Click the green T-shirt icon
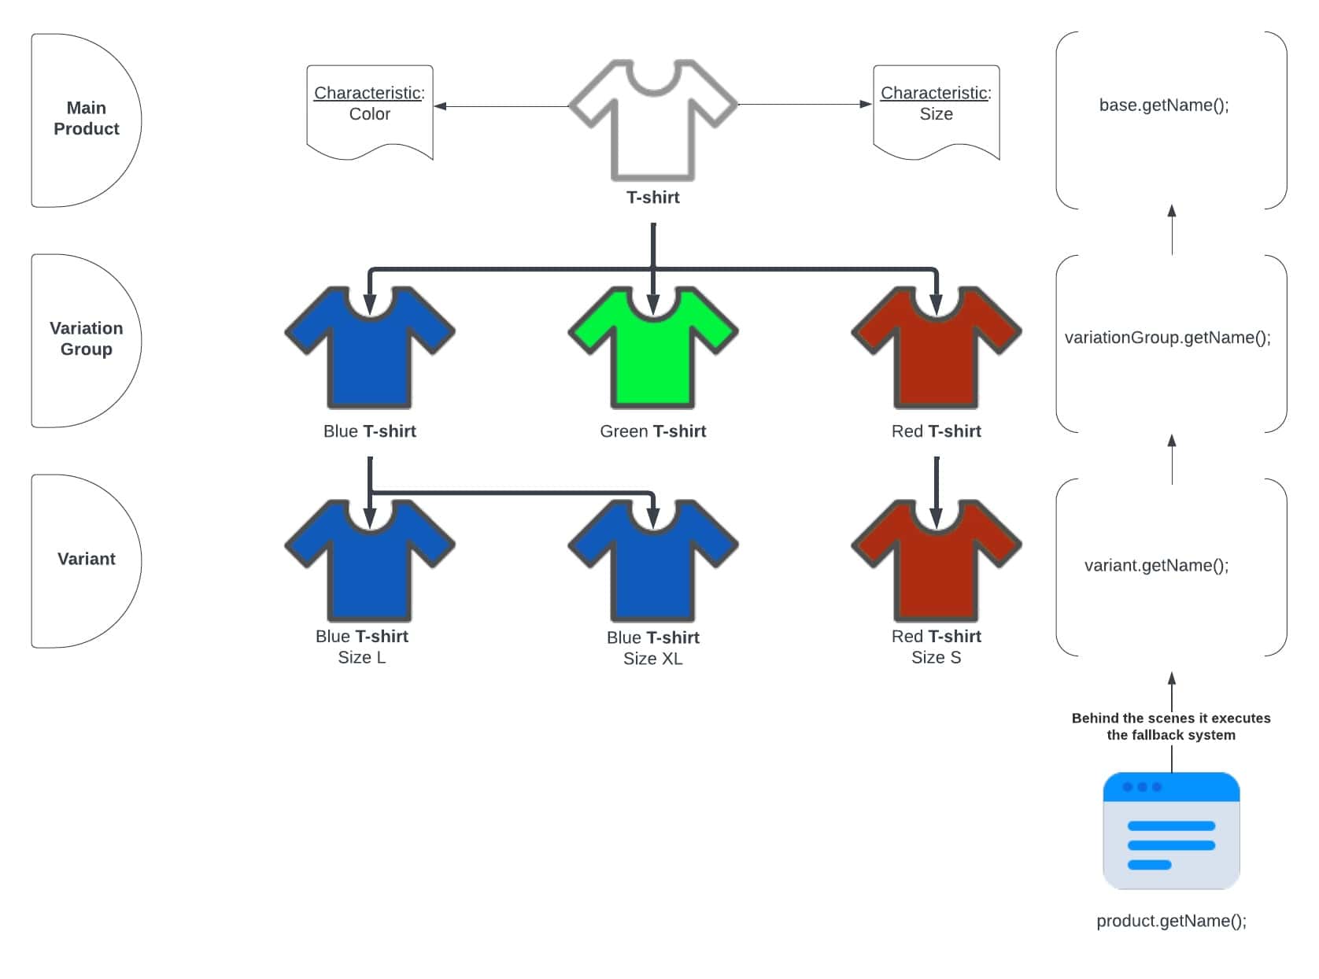652,354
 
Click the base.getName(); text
1164,105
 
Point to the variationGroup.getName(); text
1167,338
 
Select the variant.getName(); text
1156,565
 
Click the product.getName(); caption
1171,921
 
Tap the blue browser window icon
1171,830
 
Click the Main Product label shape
83,119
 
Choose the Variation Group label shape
83,339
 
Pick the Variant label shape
83,560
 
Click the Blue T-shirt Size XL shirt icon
652,567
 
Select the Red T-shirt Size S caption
936,647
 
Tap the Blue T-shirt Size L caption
362,647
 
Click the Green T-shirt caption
652,431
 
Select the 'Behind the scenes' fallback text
1170,726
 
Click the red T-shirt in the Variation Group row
936,354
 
